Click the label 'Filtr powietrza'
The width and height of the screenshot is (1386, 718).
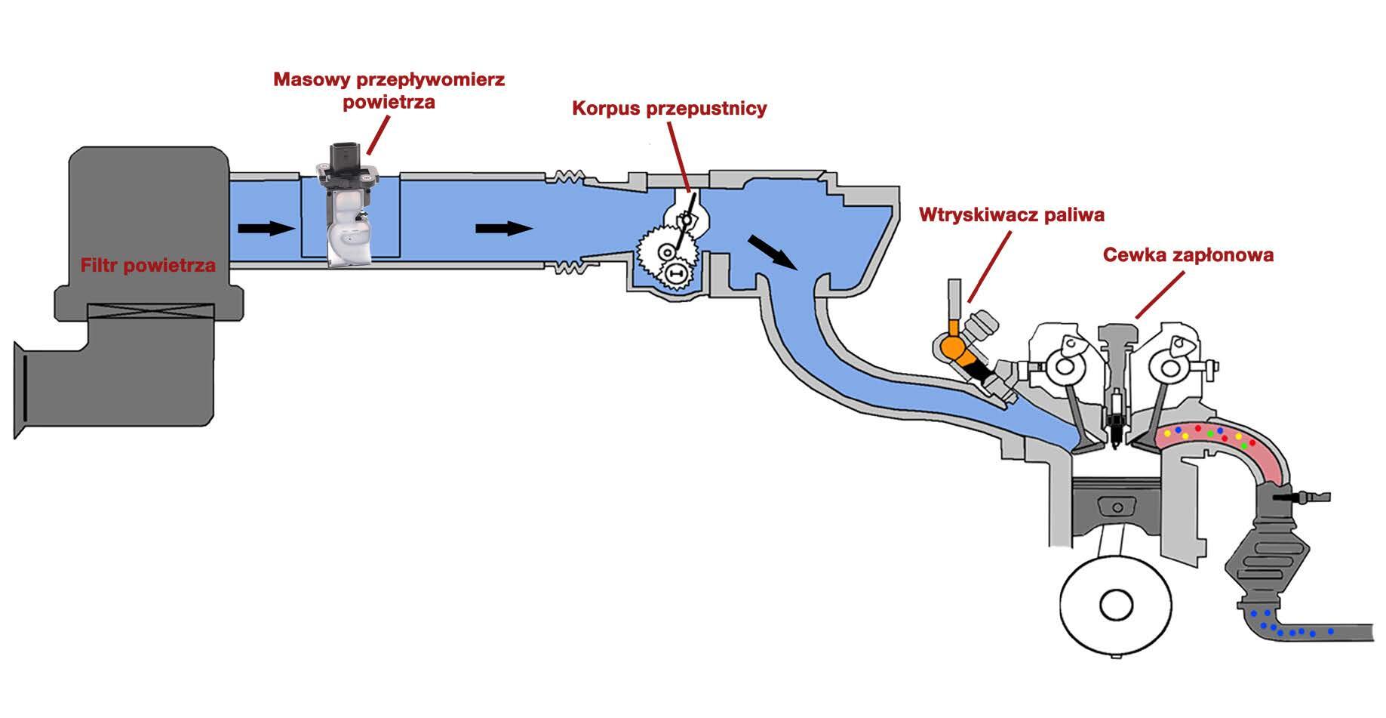(148, 266)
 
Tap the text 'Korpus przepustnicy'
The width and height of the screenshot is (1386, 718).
(669, 109)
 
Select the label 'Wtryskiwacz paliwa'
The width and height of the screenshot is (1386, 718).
(1011, 215)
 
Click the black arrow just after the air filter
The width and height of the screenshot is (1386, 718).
(266, 228)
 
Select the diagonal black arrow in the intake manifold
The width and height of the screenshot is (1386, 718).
(773, 251)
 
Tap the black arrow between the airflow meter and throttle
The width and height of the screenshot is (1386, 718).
(505, 228)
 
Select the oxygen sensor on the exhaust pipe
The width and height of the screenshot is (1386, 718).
(1301, 498)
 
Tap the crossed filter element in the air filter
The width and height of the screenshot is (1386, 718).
(150, 311)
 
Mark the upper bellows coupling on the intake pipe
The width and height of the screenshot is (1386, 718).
(571, 176)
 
